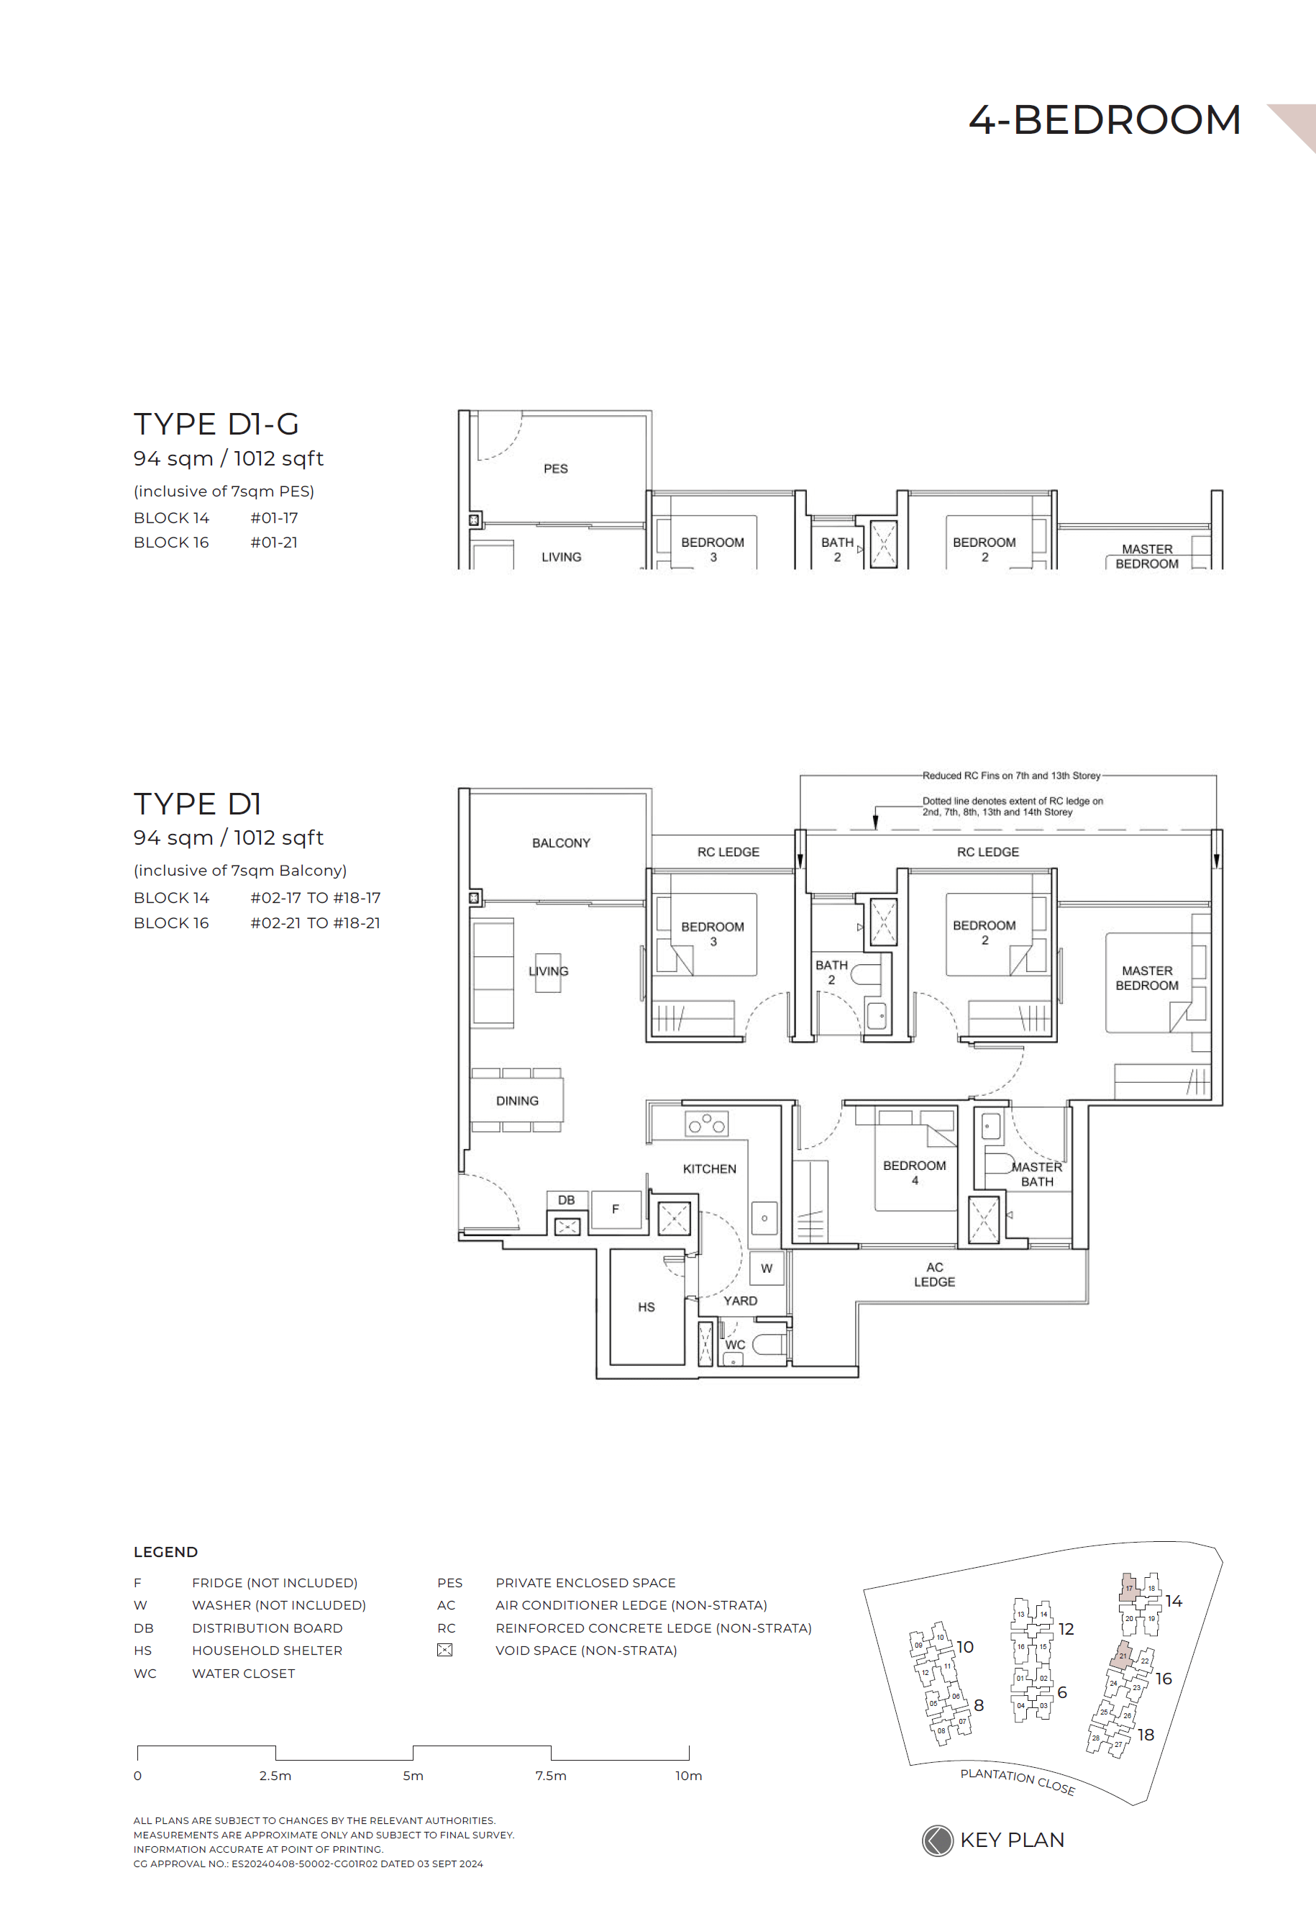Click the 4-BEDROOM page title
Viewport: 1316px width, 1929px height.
pos(1105,120)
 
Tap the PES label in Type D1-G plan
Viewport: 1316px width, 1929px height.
pos(555,469)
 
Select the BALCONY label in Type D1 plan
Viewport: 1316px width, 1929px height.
pos(561,843)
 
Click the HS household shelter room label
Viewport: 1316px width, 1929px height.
pos(646,1307)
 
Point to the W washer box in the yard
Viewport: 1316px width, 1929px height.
pos(767,1268)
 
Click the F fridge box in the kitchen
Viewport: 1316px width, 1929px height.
pos(616,1209)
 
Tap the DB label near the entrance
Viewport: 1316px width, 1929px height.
pos(566,1200)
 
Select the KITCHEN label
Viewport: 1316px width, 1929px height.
pos(710,1168)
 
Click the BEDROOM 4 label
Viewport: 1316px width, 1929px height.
pos(915,1172)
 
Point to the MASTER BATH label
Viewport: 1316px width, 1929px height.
pos(1037,1174)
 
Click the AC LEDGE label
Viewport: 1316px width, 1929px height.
pos(934,1274)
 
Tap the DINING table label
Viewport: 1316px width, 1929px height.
pos(517,1101)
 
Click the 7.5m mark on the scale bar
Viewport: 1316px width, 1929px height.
pos(551,1776)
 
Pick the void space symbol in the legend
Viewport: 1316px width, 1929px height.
pos(444,1650)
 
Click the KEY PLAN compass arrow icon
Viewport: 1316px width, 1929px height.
pos(938,1841)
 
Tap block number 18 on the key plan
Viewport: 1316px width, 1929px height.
pos(1146,1735)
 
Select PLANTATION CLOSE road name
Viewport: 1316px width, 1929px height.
pos(1018,1781)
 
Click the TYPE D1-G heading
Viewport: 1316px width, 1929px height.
pos(216,424)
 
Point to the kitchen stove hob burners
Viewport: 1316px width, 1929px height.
pos(707,1124)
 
